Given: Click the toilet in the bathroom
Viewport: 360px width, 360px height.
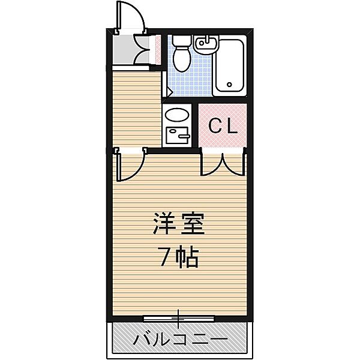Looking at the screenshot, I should pos(181,58).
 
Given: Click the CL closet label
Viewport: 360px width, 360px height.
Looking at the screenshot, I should pos(223,127).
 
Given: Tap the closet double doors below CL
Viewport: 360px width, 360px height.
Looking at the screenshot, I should pos(223,164).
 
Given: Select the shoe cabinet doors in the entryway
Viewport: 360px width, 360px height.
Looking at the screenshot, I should pos(143,50).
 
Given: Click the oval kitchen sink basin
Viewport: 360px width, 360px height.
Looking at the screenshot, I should pos(177,115).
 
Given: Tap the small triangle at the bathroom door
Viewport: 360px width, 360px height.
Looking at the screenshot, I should pos(170,92).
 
